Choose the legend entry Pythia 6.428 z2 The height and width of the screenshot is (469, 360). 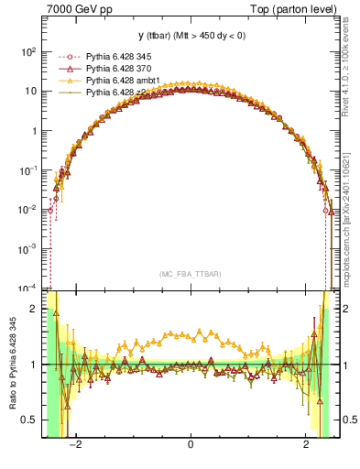coord(102,92)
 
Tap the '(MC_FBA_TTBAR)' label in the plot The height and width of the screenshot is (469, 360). coord(190,273)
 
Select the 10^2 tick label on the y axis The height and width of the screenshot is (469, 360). coord(27,52)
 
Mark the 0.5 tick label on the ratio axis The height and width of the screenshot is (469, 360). coord(30,420)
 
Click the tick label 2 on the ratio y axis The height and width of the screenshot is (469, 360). coord(34,309)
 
